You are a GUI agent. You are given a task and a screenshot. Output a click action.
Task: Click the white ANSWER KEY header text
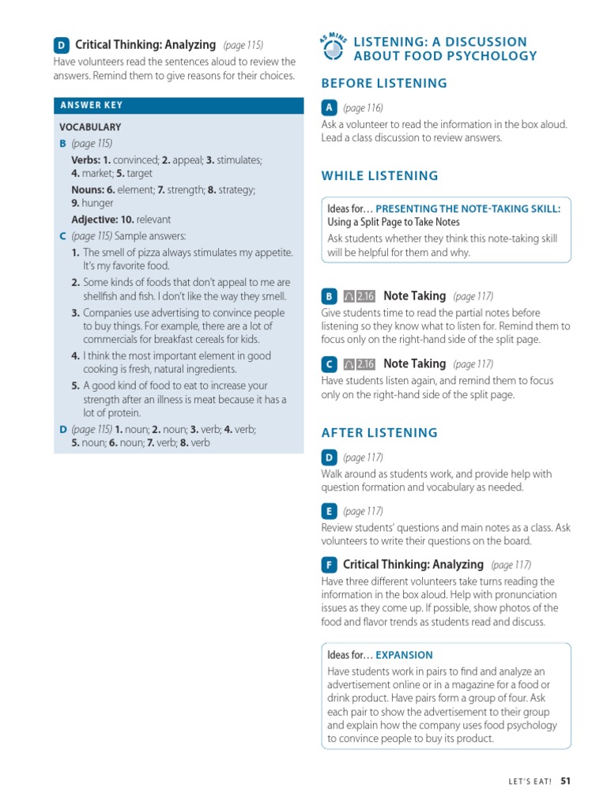coord(92,105)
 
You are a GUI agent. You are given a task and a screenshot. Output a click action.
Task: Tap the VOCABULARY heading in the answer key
coord(90,127)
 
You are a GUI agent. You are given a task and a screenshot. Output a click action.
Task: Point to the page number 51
coord(565,781)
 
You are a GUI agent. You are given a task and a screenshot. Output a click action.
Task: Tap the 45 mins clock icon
coord(334,49)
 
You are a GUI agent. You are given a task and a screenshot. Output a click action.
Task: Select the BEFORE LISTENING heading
coord(384,83)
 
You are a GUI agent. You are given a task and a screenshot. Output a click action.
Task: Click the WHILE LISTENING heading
coord(379,175)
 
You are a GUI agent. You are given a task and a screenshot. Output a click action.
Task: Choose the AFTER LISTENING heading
coord(379,432)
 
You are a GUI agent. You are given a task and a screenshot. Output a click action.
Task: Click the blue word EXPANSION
coord(404,655)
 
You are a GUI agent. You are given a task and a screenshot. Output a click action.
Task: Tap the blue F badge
coord(329,565)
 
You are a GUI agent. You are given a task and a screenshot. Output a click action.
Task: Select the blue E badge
coord(329,511)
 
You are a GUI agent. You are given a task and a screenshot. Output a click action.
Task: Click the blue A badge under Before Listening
coord(329,108)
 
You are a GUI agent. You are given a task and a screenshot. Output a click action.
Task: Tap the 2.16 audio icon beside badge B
coord(360,296)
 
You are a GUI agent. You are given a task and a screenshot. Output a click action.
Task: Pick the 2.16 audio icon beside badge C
coord(360,364)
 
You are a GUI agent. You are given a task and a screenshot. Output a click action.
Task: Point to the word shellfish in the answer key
coord(103,297)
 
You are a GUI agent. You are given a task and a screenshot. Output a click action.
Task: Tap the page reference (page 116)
coord(363,108)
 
